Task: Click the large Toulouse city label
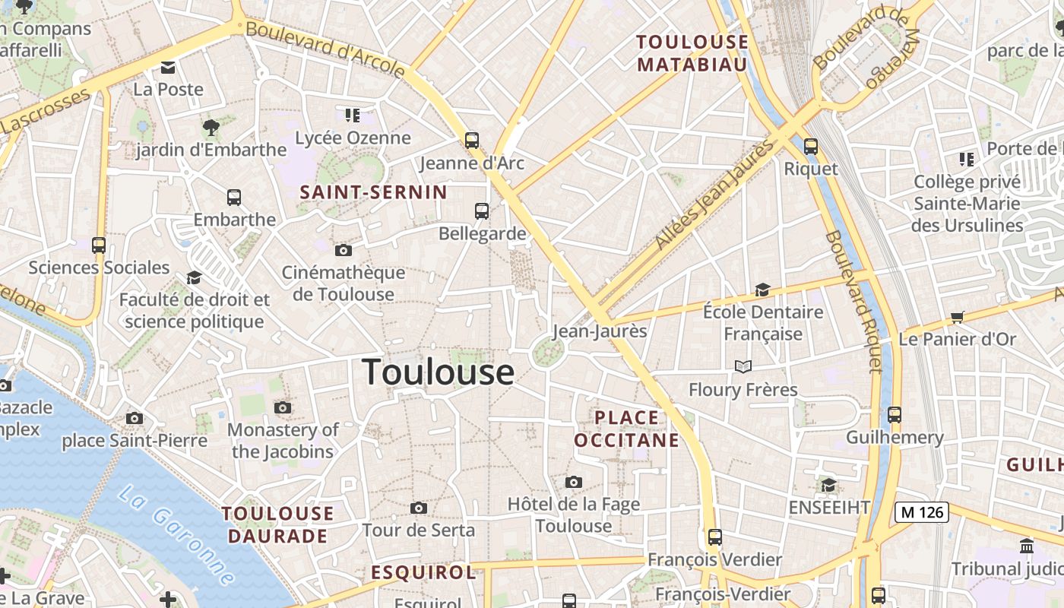point(438,372)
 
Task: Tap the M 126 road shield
point(922,512)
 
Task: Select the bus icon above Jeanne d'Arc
point(472,141)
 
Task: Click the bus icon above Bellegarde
point(482,211)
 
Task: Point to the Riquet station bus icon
point(811,147)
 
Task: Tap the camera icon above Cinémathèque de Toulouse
point(344,250)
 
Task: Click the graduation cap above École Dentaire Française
point(762,290)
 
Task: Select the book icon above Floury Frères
point(743,367)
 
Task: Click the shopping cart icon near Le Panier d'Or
point(957,317)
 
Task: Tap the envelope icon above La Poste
point(168,68)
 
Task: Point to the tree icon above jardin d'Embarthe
point(211,127)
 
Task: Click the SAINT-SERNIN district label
point(373,192)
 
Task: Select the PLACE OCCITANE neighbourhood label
point(626,429)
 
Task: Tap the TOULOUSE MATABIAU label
point(692,53)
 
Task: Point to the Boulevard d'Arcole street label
point(325,49)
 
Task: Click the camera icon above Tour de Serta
point(418,508)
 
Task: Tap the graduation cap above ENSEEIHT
point(828,485)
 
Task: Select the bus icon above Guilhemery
point(895,415)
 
